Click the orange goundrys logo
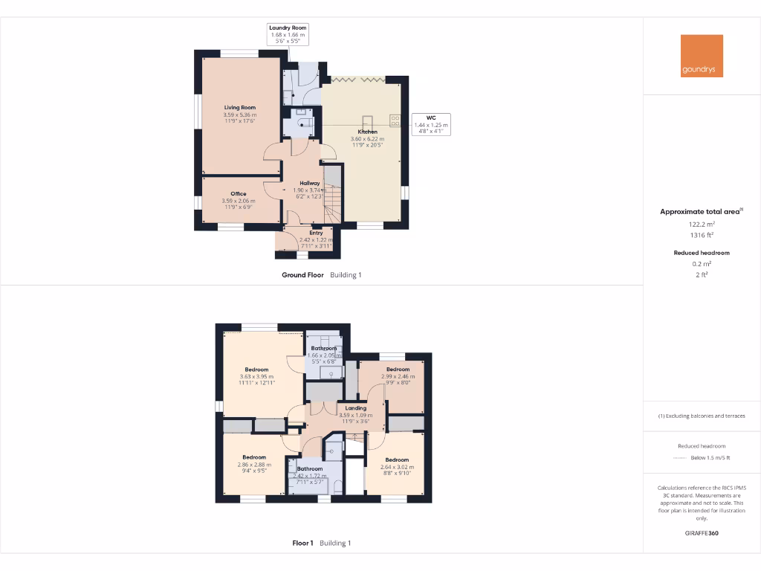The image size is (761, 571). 702,56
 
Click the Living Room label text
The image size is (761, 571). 239,108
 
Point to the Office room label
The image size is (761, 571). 238,194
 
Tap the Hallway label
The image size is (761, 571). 309,183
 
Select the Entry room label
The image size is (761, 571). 316,233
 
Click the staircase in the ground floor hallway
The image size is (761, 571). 334,197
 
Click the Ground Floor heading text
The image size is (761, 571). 302,275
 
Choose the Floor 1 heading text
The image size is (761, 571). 302,543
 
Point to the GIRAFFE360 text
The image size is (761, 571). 702,533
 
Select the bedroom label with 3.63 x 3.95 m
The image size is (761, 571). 256,370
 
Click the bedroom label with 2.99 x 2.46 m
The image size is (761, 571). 398,370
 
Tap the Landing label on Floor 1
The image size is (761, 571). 355,408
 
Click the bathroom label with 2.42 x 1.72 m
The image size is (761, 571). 310,469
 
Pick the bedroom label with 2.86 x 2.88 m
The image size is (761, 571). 254,457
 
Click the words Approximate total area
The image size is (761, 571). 699,212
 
